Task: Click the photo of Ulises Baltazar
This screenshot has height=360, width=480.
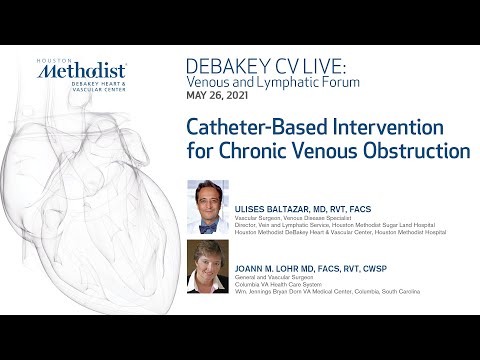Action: point(208,206)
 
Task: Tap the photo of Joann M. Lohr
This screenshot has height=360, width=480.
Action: point(208,267)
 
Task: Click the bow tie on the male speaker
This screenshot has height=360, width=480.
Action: point(208,227)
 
